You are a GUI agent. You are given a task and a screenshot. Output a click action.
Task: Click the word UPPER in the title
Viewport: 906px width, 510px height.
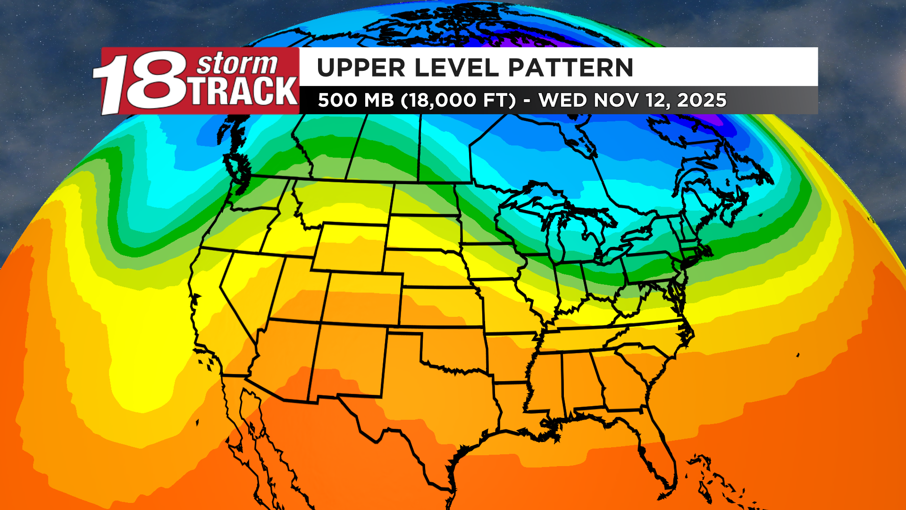pyautogui.click(x=361, y=68)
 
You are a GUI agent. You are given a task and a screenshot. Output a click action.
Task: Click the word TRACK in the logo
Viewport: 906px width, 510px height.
pyautogui.click(x=244, y=92)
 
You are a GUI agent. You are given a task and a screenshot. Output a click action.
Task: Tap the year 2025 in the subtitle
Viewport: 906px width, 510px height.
pyautogui.click(x=702, y=100)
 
